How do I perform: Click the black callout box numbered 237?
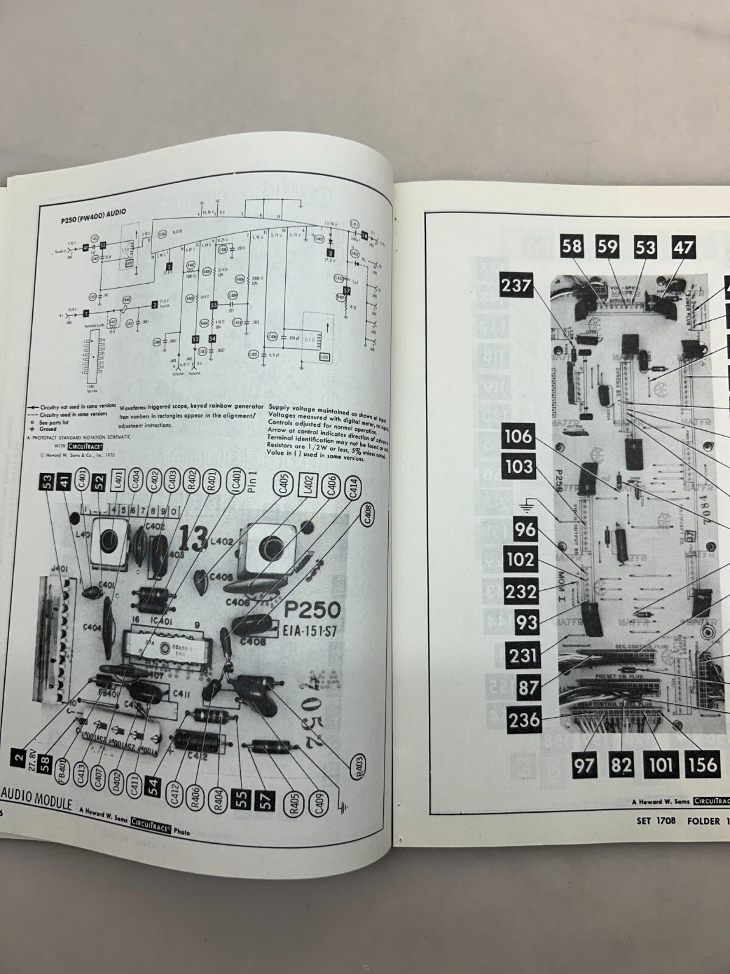pos(516,285)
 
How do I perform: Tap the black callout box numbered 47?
pos(683,247)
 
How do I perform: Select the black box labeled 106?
pos(518,436)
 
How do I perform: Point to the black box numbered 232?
pos(521,592)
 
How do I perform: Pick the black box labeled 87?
pos(529,687)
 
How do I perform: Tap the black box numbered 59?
pos(607,246)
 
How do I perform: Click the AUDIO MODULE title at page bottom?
pos(38,805)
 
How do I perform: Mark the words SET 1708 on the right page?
pos(656,820)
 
